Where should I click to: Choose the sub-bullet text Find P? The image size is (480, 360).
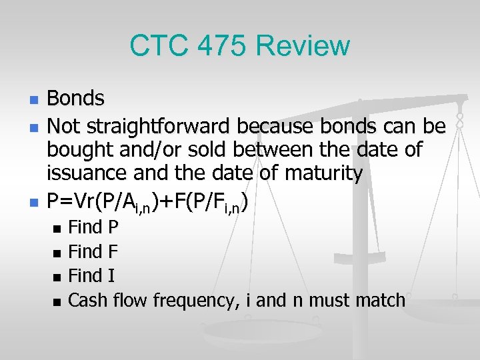pyautogui.click(x=93, y=227)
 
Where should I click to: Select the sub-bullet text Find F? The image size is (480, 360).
pyautogui.click(x=93, y=252)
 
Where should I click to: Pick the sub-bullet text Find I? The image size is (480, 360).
pyautogui.click(x=91, y=276)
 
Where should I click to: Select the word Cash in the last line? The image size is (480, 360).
pyautogui.click(x=88, y=301)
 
